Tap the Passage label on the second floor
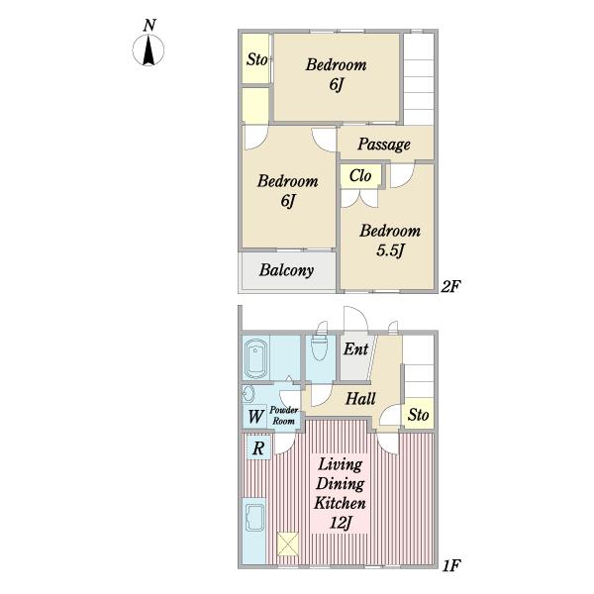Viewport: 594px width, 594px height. (x=384, y=145)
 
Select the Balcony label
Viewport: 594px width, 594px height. (x=286, y=270)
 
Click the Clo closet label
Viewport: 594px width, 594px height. (x=360, y=175)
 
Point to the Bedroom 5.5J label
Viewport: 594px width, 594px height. (x=390, y=241)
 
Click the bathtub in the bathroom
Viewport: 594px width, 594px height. (x=255, y=358)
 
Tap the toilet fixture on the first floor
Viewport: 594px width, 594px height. (x=319, y=346)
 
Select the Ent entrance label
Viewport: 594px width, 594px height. (x=355, y=348)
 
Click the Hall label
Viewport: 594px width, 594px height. (x=360, y=399)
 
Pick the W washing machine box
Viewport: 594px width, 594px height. (x=255, y=417)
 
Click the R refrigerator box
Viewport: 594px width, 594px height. (x=258, y=447)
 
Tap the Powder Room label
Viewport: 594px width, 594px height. (x=284, y=415)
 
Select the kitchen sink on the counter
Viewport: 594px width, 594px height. (x=255, y=517)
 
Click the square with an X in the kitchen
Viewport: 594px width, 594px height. (x=287, y=544)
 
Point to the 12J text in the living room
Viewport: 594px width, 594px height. (x=341, y=524)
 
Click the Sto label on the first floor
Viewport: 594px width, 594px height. (x=418, y=415)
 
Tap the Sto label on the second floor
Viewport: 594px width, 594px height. (x=256, y=59)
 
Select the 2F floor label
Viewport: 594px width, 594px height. (x=450, y=287)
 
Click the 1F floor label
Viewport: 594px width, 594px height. (x=451, y=565)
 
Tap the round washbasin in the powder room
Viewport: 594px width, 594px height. (x=247, y=394)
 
